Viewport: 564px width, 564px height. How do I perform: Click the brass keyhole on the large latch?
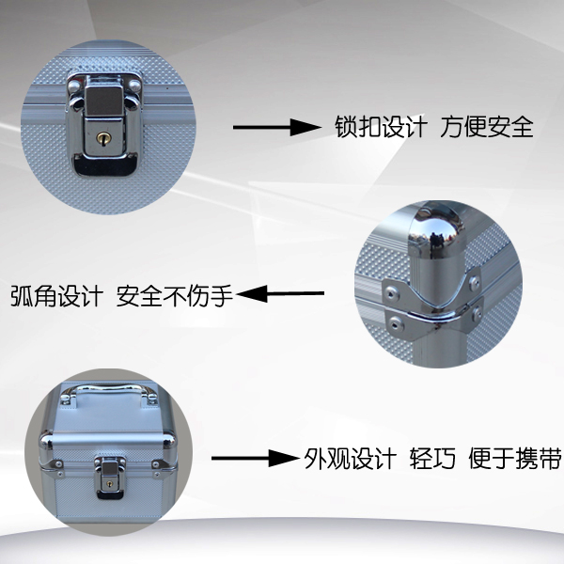[103, 138]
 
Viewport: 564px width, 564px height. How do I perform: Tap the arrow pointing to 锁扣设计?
[277, 127]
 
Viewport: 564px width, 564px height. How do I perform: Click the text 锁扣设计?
[382, 127]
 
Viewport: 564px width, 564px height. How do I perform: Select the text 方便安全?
[487, 127]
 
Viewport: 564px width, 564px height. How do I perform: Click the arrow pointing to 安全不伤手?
[280, 293]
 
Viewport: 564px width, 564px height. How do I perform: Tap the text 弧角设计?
[56, 296]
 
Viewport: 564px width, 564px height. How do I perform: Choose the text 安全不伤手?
[175, 296]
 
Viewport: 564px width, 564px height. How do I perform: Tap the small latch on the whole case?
[109, 477]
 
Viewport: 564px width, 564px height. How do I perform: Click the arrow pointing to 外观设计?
[255, 459]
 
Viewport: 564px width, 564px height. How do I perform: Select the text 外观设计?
[350, 459]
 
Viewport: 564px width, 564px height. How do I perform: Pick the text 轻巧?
[432, 459]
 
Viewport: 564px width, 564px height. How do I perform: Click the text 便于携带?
[515, 459]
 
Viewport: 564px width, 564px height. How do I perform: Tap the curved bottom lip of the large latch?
[105, 165]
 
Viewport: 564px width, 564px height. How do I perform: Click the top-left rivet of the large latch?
[73, 86]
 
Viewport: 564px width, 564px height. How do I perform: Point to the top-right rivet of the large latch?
[134, 86]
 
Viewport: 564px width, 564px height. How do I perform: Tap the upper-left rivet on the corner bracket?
[391, 293]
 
